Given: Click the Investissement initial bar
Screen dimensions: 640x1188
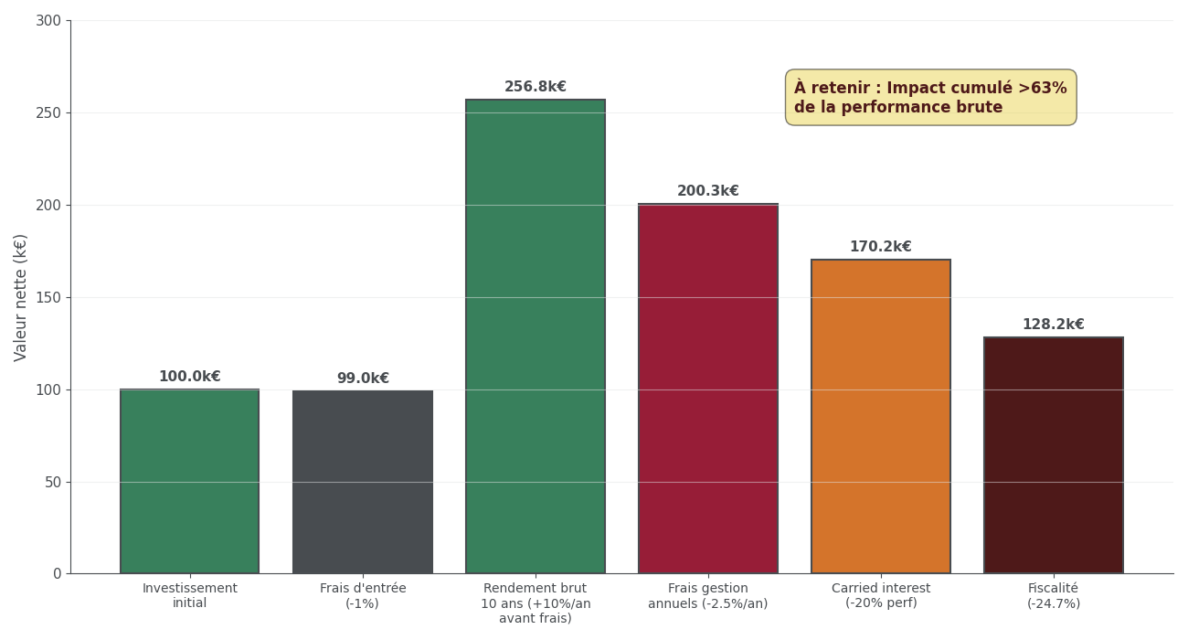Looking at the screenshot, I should (x=189, y=481).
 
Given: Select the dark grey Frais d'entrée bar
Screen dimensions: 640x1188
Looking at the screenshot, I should (x=363, y=482).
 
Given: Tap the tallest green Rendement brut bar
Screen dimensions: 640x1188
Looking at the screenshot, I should (x=536, y=336).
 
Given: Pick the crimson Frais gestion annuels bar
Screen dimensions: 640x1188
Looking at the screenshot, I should (x=708, y=389).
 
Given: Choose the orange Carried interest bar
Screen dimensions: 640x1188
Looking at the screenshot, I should (x=881, y=416).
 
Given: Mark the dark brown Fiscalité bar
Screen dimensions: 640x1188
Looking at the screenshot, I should (x=1054, y=455).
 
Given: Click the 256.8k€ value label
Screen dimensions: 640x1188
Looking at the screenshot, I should (x=536, y=87).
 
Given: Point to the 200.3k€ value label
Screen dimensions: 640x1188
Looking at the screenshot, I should (x=708, y=191).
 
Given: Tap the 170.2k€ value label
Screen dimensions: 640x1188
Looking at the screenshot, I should (x=881, y=247).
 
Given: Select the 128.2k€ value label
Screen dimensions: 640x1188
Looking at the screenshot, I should (x=1054, y=325).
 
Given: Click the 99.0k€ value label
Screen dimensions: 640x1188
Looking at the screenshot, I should (x=363, y=379).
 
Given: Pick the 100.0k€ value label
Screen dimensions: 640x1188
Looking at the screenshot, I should (x=189, y=377).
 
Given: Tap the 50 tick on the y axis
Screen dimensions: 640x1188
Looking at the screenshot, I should (x=53, y=482).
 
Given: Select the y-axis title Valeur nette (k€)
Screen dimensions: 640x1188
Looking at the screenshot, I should (x=21, y=297).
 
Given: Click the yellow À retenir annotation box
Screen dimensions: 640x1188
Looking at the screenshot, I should (x=930, y=98).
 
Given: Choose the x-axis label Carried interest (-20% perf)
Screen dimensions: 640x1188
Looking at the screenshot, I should (x=881, y=596).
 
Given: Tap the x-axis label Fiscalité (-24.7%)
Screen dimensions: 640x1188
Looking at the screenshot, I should (x=1054, y=596).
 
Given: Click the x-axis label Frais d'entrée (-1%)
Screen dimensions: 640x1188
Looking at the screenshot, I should (x=363, y=596).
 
